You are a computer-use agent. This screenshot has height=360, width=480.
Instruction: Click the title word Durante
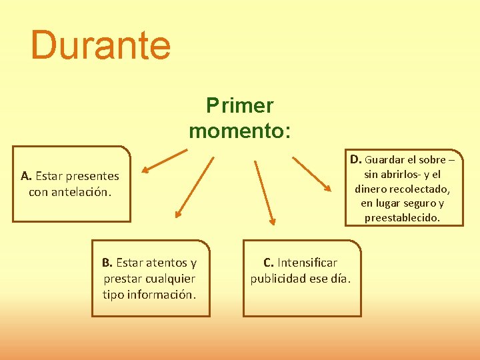101,45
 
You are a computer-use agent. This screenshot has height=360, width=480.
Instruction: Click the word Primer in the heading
239,105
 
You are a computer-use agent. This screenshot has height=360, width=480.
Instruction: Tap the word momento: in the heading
239,130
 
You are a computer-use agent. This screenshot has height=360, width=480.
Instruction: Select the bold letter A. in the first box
27,176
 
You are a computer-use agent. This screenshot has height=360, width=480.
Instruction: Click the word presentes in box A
93,176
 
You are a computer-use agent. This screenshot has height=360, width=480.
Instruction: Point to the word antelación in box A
81,192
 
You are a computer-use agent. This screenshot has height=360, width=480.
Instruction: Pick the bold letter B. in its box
108,263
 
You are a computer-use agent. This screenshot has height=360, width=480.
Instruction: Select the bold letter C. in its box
269,263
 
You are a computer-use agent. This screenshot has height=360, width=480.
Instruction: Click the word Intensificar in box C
307,263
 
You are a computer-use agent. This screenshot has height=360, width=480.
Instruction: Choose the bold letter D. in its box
356,159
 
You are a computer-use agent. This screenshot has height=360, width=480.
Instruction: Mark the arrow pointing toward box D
313,174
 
